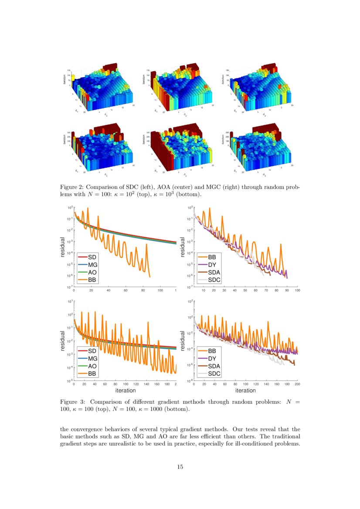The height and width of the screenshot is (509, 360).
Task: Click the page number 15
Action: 180,467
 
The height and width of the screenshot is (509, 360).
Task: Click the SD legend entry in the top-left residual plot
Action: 92,257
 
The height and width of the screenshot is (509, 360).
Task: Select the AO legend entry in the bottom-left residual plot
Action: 92,366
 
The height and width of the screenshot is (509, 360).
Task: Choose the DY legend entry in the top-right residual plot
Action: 213,265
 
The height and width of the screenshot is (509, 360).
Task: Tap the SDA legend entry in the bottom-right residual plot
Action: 214,366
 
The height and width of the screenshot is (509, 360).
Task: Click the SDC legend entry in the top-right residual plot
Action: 214,280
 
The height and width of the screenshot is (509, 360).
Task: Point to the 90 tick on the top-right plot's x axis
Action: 287,290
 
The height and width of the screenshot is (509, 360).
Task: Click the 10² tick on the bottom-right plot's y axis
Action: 190,301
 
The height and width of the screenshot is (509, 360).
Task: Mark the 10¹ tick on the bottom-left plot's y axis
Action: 70,301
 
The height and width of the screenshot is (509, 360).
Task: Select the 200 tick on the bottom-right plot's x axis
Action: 298,384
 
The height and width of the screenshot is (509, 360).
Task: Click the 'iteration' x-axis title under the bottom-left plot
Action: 125,391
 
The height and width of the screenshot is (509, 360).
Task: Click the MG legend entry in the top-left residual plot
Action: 92,265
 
